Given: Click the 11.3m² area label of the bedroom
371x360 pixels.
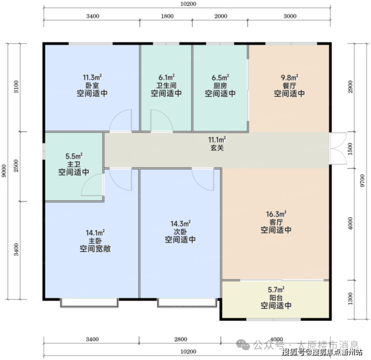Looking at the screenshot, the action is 92,77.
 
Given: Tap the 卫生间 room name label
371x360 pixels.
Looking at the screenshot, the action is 166,85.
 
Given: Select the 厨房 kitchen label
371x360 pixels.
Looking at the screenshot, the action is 220,85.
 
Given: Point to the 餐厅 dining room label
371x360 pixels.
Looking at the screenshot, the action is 289,85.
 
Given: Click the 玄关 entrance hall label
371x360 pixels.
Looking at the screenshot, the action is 217,148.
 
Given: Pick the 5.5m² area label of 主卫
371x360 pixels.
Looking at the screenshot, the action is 74,156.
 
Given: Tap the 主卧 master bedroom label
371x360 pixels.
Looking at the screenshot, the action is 95,241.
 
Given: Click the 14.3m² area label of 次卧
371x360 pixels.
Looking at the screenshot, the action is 181,224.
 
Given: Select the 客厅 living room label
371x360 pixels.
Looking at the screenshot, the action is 276,222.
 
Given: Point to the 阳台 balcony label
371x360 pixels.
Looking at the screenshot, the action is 276,297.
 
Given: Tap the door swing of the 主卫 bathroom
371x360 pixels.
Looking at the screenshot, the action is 92,185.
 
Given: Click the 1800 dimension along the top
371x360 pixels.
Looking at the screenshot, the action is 167,16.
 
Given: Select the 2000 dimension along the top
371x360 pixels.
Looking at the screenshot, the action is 221,16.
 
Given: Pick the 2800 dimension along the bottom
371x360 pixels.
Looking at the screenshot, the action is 181,339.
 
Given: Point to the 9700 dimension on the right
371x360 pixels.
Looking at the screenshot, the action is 362,181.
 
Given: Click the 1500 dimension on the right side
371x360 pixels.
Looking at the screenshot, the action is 350,148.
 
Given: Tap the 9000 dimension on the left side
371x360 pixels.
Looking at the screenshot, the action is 4,170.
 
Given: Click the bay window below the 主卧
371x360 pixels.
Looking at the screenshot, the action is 89,303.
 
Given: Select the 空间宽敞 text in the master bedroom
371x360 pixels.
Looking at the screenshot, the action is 95,249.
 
